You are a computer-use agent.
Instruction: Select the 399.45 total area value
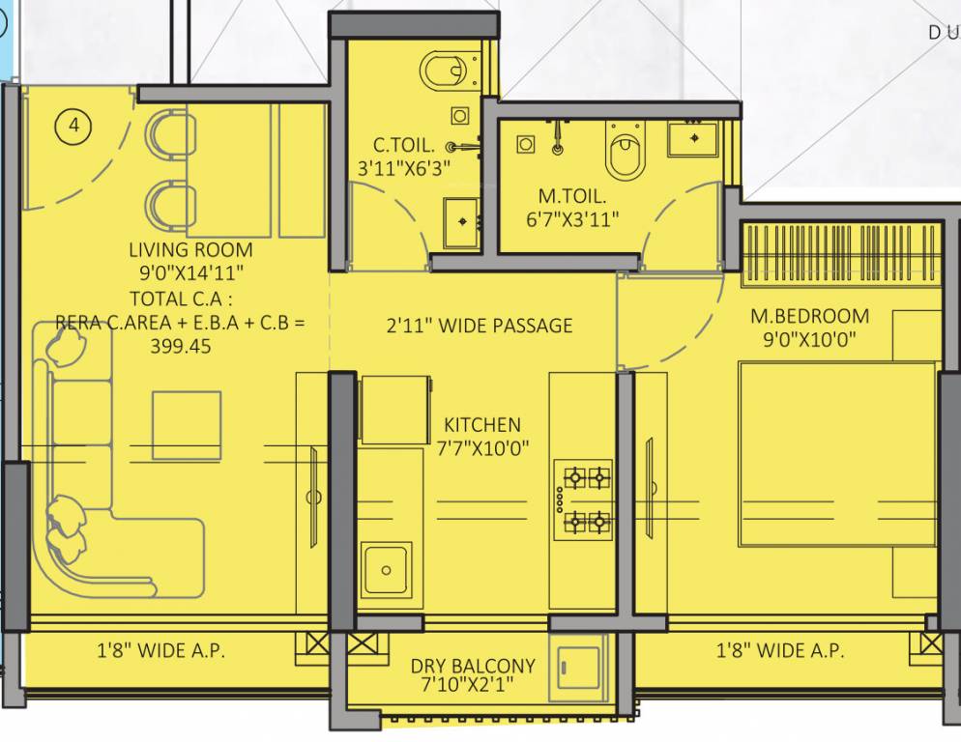coord(180,346)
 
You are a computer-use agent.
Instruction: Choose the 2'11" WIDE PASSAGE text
coord(479,326)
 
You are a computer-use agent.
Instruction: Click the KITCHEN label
coord(481,425)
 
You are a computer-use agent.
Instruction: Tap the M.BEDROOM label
coord(810,316)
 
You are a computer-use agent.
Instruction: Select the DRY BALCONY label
coord(473,666)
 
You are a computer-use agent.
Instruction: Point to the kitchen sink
coord(385,570)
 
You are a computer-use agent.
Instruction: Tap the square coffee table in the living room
coord(186,426)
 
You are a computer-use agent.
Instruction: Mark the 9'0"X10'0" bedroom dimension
coord(809,339)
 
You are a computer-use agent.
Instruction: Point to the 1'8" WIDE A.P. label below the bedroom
coord(780,650)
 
